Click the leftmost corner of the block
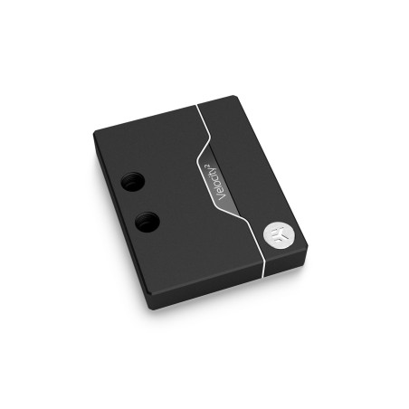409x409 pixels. pyautogui.click(x=94, y=138)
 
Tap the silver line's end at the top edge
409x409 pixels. pyautogui.click(x=196, y=104)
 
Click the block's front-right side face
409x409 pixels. pyautogui.click(x=235, y=289)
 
